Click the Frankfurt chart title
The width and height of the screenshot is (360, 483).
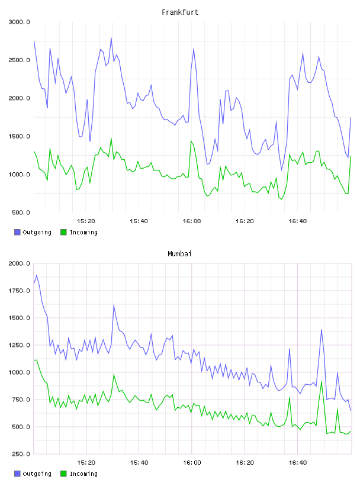pyautogui.click(x=180, y=12)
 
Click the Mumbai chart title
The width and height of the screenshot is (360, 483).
pyautogui.click(x=179, y=253)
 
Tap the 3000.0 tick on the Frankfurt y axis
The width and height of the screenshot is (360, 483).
pyautogui.click(x=19, y=22)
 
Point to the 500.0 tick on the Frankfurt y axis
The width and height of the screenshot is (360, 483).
pyautogui.click(x=21, y=212)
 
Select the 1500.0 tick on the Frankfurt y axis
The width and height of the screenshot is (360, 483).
pyautogui.click(x=19, y=136)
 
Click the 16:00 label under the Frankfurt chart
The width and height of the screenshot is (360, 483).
pyautogui.click(x=192, y=221)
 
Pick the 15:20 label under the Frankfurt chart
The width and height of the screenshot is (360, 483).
pyautogui.click(x=86, y=221)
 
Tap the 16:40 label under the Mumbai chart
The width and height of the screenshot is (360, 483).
pyautogui.click(x=298, y=462)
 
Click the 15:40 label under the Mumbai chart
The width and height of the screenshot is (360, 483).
pyautogui.click(x=139, y=462)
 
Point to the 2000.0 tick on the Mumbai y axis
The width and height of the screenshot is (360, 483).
pyautogui.click(x=19, y=263)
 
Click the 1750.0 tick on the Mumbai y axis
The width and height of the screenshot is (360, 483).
pyautogui.click(x=19, y=291)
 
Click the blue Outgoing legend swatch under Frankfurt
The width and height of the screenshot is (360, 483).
pyautogui.click(x=17, y=232)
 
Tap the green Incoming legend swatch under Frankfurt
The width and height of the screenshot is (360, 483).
pyautogui.click(x=63, y=232)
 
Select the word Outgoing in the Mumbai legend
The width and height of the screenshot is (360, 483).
pyautogui.click(x=37, y=474)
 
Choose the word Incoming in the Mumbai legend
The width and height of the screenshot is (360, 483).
pyautogui.click(x=83, y=474)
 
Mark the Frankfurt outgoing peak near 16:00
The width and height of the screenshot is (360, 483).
pyautogui.click(x=194, y=48)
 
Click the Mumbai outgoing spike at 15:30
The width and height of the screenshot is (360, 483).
pyautogui.click(x=114, y=305)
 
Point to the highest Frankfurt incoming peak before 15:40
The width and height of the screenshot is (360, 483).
pyautogui.click(x=111, y=139)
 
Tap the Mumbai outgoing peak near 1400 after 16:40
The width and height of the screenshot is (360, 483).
pyautogui.click(x=322, y=330)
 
